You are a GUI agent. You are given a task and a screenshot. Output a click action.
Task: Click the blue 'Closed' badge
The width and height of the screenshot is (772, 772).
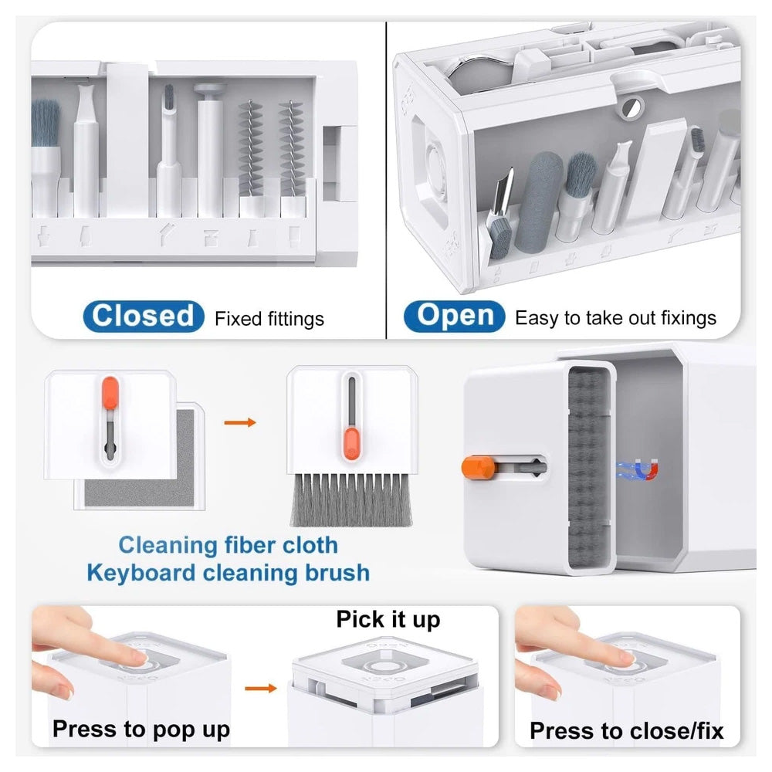(144, 316)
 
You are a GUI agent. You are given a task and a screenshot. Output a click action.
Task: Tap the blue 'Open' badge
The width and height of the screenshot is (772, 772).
(455, 316)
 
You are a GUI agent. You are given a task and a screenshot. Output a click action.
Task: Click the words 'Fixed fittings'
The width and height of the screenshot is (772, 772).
(269, 319)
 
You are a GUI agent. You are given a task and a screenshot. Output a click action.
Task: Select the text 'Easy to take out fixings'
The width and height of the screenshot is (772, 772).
(615, 318)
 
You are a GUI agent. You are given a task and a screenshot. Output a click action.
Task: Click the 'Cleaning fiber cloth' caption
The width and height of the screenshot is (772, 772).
(228, 545)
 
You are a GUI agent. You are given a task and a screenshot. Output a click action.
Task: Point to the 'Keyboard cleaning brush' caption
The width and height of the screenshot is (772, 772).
(228, 573)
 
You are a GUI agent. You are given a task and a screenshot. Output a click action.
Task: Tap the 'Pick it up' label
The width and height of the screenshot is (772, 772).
(388, 619)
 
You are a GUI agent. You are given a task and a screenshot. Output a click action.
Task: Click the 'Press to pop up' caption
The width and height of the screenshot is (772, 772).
(141, 730)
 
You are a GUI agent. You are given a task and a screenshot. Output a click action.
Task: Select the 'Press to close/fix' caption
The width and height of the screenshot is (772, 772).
(626, 730)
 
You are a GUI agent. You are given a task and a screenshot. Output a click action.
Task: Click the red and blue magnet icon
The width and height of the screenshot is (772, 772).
(645, 469)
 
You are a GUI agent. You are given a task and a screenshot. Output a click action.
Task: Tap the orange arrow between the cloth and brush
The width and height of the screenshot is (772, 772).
(240, 422)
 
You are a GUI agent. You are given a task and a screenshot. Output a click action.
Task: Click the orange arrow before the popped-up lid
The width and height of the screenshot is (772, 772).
(261, 688)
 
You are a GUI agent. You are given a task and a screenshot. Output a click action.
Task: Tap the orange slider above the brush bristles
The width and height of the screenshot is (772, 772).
(351, 444)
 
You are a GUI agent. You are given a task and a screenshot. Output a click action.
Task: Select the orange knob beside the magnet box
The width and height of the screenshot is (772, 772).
(478, 467)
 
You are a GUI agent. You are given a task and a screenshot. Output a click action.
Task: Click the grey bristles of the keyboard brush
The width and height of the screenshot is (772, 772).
(351, 499)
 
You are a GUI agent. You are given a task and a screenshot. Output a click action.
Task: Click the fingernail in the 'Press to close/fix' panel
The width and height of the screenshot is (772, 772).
(627, 657)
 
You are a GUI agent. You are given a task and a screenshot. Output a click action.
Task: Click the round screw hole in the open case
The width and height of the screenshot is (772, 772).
(631, 107)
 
